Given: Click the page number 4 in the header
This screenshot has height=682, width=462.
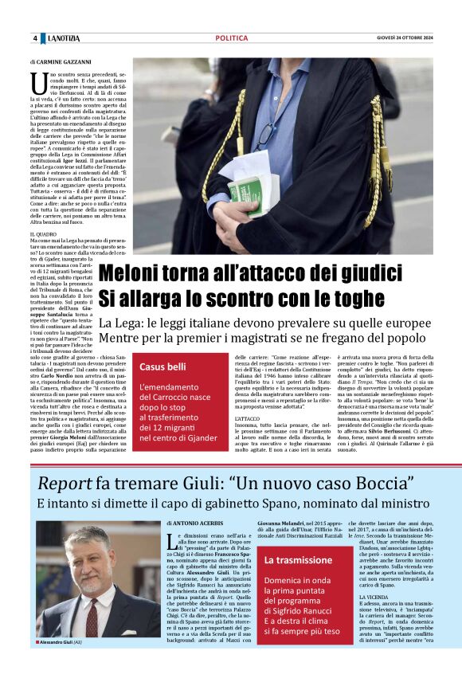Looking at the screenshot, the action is point(35,38).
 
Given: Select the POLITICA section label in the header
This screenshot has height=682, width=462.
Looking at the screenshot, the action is point(231,38).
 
